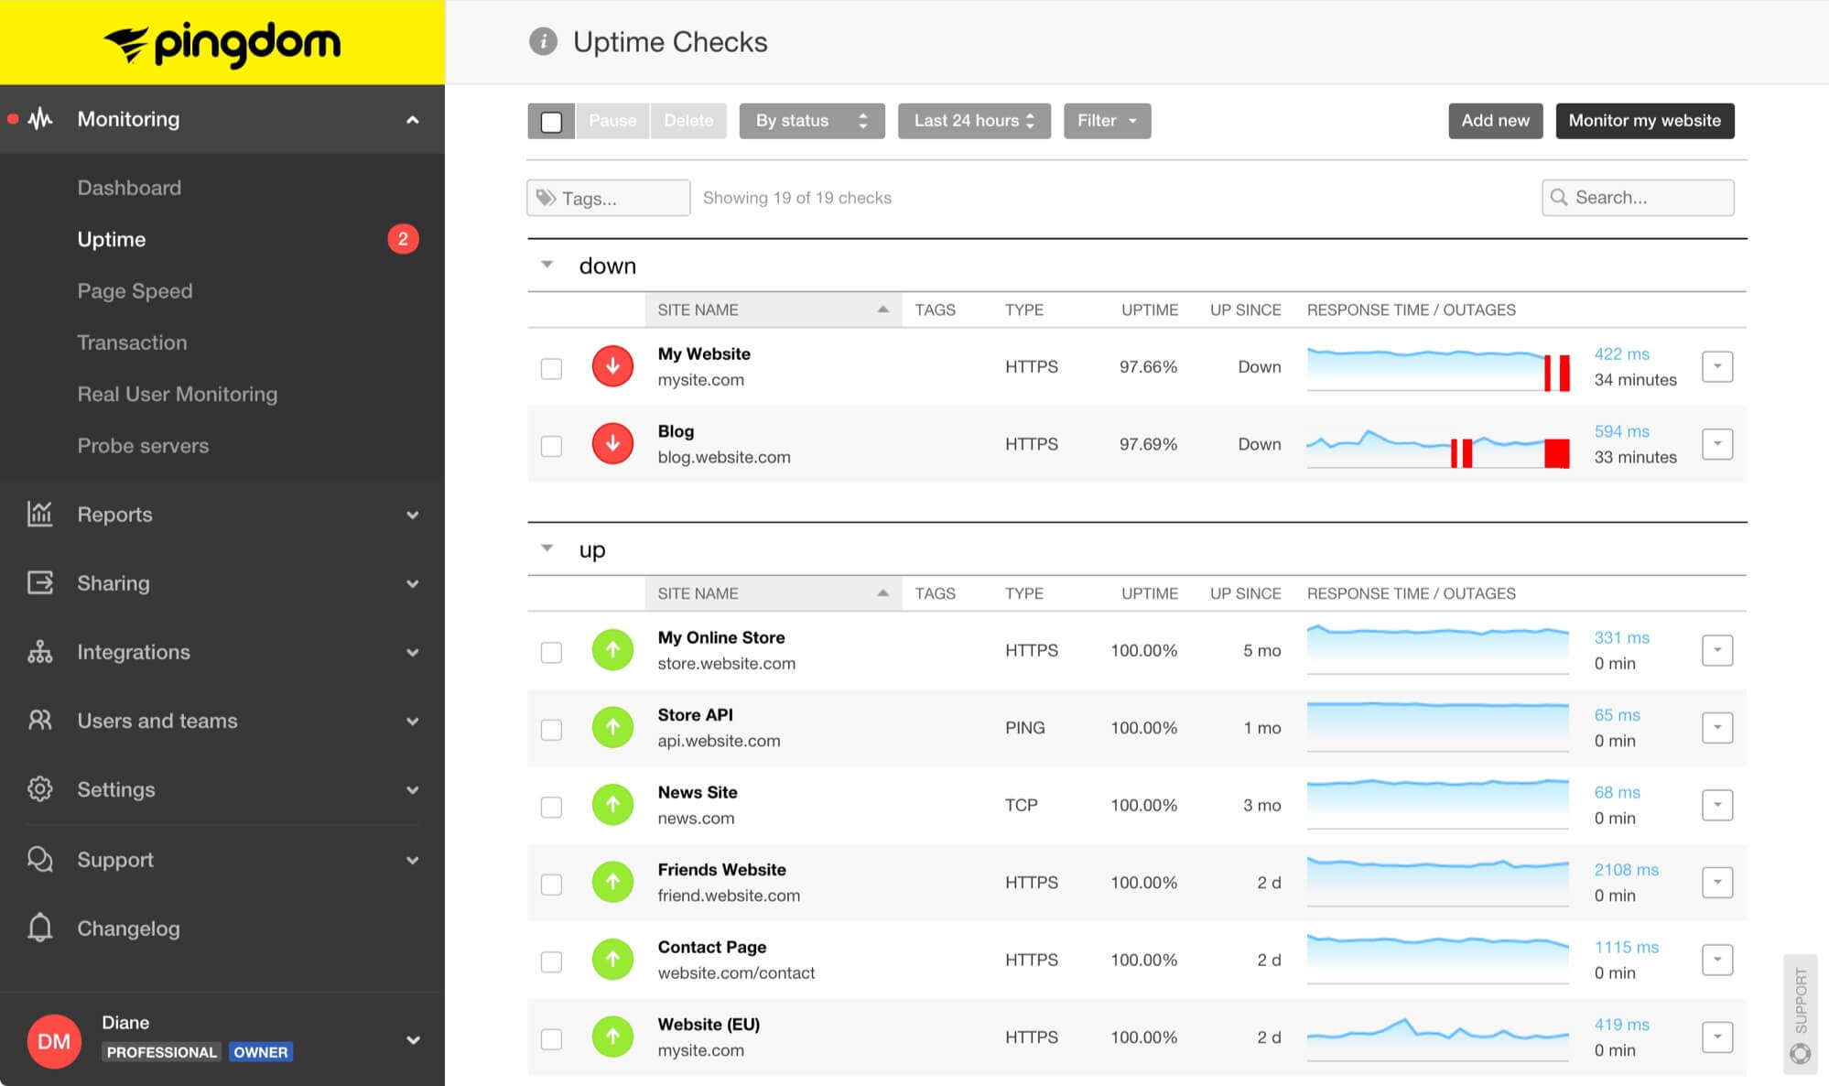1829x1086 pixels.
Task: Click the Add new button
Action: click(1495, 121)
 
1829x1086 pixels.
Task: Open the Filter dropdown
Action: click(1106, 121)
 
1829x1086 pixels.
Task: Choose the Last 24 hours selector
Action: click(973, 121)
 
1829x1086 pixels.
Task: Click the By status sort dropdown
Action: click(811, 121)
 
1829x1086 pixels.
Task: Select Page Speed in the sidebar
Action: click(135, 291)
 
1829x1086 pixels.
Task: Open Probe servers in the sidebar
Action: click(143, 446)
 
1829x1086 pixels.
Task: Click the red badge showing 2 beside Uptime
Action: click(403, 239)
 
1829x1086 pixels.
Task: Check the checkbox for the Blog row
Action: click(551, 446)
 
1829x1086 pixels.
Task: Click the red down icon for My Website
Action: click(612, 367)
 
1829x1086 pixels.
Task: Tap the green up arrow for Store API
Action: click(612, 728)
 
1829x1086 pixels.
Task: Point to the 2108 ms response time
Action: click(1626, 870)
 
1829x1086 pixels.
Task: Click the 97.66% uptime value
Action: click(1148, 367)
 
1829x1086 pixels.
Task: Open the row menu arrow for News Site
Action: click(1716, 806)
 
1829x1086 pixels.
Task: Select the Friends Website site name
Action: click(721, 870)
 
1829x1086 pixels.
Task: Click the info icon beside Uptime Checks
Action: click(543, 42)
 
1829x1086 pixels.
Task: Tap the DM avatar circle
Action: click(54, 1041)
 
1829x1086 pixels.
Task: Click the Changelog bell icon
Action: click(40, 928)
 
